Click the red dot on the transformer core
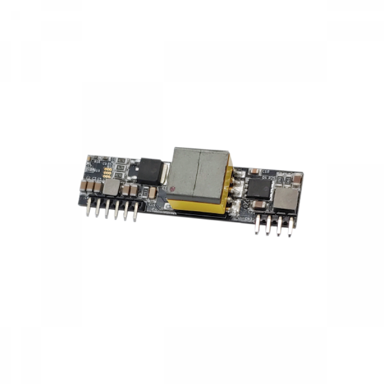[172, 188]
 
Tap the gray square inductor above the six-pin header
[112, 187]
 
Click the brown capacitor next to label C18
[254, 171]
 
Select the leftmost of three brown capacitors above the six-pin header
[83, 185]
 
